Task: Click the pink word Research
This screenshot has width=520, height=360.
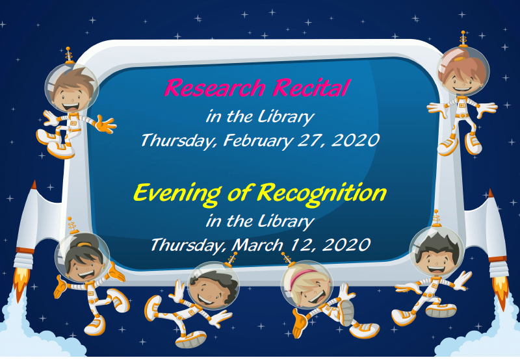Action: tap(214, 88)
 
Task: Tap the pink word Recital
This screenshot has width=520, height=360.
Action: tap(311, 87)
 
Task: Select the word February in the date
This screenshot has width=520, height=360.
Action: tap(257, 140)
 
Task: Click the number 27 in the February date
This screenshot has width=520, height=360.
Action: tap(312, 140)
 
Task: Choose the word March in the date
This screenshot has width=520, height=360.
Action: tap(257, 244)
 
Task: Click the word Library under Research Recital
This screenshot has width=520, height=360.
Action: tap(286, 117)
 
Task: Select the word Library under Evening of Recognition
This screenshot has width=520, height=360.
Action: tap(286, 221)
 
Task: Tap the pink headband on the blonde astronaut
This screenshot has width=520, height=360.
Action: tap(302, 277)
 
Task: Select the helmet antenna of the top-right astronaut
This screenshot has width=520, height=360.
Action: tap(463, 38)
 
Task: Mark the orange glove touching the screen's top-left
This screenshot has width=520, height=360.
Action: tap(105, 124)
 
